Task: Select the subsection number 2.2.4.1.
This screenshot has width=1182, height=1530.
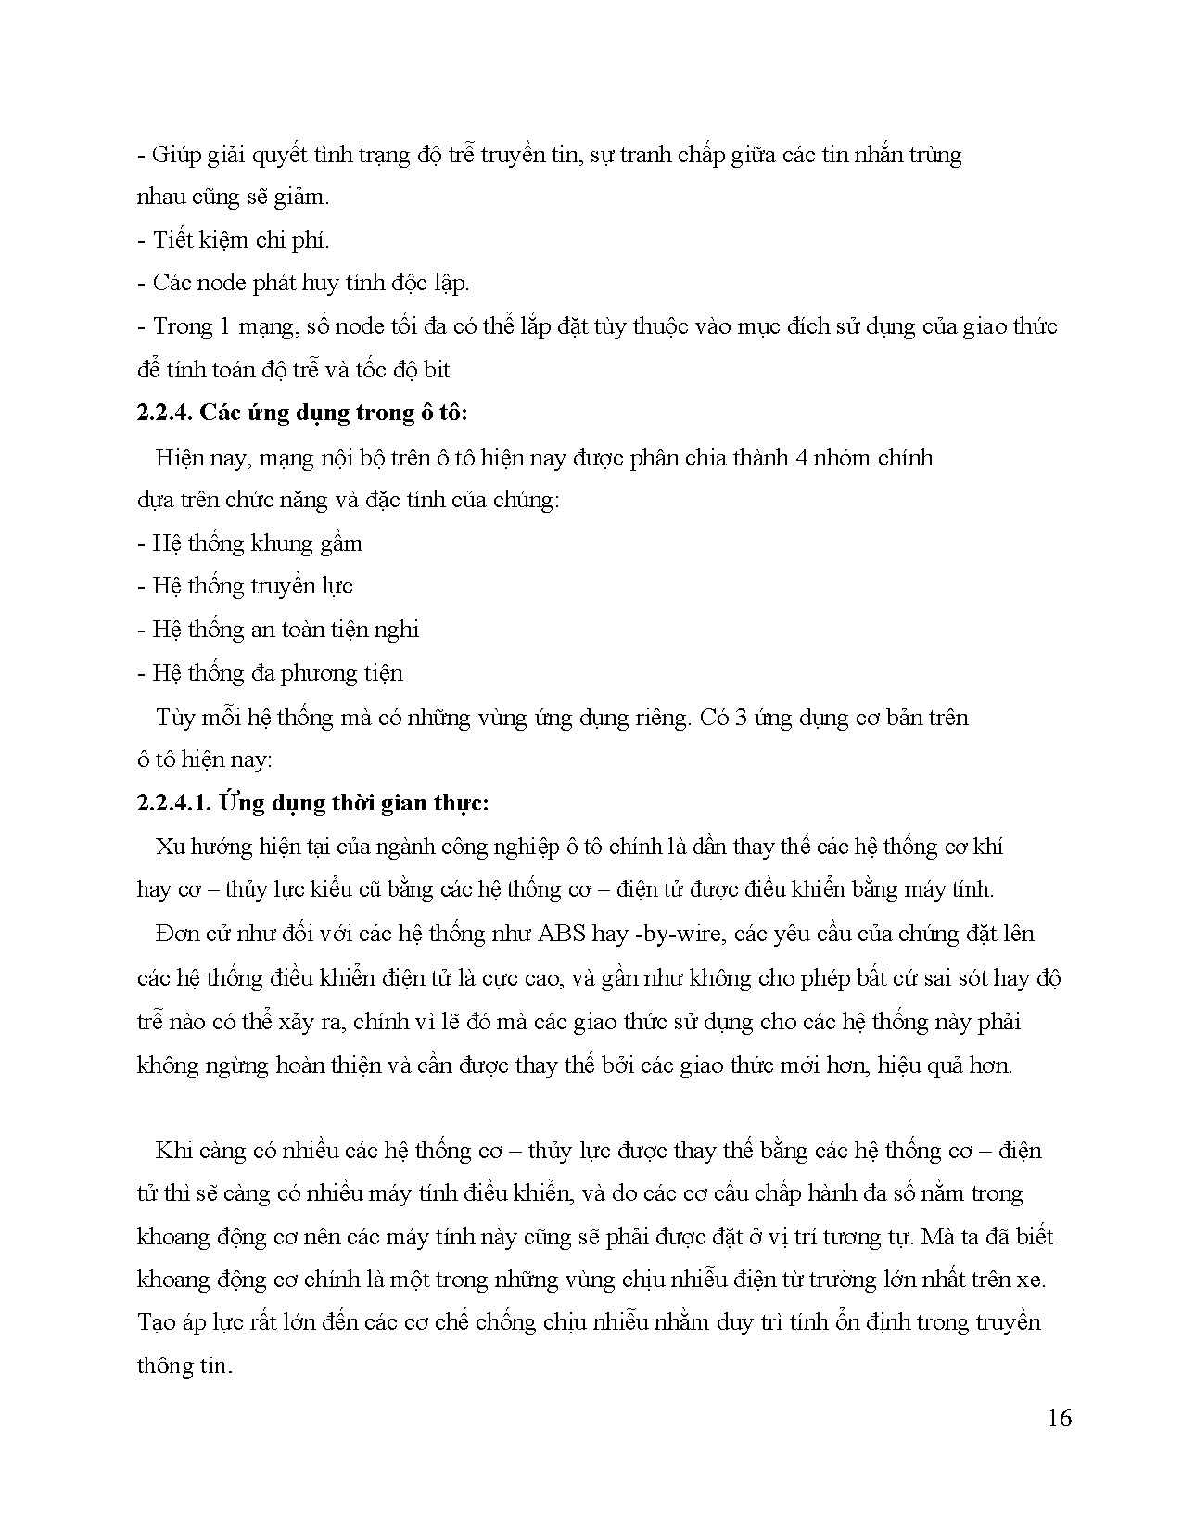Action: (174, 803)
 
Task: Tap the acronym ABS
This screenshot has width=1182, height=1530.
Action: (562, 933)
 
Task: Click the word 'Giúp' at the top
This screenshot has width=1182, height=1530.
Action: (174, 155)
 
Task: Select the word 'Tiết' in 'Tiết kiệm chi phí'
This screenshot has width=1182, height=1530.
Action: (173, 240)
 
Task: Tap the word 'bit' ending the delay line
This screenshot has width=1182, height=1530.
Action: (436, 370)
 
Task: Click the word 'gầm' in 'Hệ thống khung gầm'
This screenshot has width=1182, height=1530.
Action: (340, 543)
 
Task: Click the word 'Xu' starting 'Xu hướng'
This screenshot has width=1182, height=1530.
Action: (170, 847)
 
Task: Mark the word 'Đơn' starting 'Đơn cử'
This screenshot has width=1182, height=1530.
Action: (174, 933)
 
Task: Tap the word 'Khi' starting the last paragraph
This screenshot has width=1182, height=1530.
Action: (173, 1151)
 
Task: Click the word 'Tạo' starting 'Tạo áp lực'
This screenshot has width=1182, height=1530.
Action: (156, 1322)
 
